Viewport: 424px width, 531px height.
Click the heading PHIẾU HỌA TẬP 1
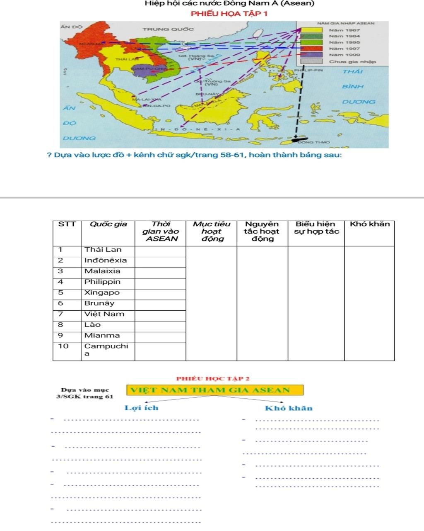pos(229,14)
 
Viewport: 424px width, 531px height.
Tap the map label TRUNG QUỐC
pos(168,29)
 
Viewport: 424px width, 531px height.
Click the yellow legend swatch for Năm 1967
pos(311,30)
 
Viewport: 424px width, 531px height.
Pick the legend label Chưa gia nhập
pos(352,62)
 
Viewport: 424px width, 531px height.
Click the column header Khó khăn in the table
pos(369,224)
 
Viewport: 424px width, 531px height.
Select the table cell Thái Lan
pos(103,250)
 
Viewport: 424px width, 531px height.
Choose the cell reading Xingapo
pos(102,292)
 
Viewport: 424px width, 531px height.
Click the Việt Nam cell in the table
pos(104,314)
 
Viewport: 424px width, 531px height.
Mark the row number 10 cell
pos(63,346)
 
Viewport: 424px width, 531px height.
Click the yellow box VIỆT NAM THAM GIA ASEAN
pos(215,390)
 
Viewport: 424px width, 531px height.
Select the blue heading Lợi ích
pos(142,408)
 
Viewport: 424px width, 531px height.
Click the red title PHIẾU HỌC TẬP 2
pos(213,379)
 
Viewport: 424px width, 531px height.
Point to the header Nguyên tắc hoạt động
pos(262,231)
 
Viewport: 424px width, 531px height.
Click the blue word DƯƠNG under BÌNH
pos(359,102)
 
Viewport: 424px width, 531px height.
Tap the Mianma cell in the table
pos(102,336)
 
